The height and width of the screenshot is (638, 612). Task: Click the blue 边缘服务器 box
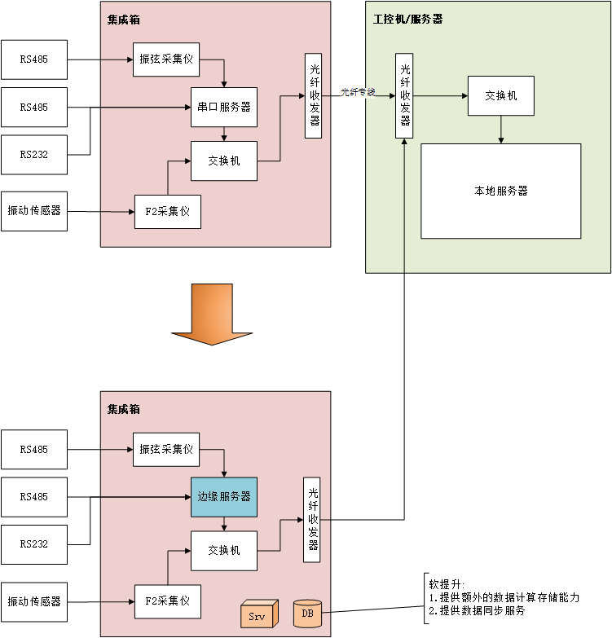pyautogui.click(x=224, y=497)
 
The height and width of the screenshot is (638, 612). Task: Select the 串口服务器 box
pyautogui.click(x=224, y=107)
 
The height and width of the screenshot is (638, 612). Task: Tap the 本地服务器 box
pyautogui.click(x=500, y=191)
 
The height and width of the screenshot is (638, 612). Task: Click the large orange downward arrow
pyautogui.click(x=212, y=315)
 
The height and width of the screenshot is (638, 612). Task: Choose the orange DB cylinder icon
pyautogui.click(x=307, y=613)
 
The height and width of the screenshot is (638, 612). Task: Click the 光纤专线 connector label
pyautogui.click(x=358, y=92)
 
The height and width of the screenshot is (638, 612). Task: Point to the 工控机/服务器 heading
pyautogui.click(x=407, y=19)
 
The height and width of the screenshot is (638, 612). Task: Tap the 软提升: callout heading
pyautogui.click(x=447, y=583)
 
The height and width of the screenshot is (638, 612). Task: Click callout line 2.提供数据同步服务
pyautogui.click(x=477, y=610)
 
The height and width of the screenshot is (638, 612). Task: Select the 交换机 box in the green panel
pyautogui.click(x=500, y=96)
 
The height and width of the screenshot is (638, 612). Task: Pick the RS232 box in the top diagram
pyautogui.click(x=34, y=154)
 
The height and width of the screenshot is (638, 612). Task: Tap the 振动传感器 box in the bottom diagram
pyautogui.click(x=34, y=601)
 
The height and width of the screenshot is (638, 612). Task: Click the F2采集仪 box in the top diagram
pyautogui.click(x=167, y=212)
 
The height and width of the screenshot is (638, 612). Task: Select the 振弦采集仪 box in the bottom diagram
pyautogui.click(x=166, y=450)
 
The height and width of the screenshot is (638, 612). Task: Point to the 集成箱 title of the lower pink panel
pyautogui.click(x=123, y=409)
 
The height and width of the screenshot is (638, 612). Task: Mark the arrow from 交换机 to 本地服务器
pyautogui.click(x=500, y=130)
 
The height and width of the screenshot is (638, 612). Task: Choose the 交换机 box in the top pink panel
pyautogui.click(x=224, y=161)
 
